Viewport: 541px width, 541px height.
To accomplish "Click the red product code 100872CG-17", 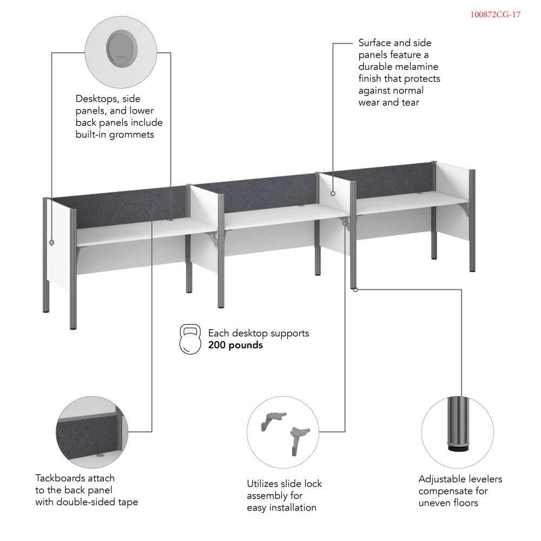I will pos(495,15).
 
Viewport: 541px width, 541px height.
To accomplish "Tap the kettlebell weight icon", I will pos(190,339).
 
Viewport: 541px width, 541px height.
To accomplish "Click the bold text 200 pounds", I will pos(235,345).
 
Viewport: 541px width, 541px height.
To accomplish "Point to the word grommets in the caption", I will pos(131,135).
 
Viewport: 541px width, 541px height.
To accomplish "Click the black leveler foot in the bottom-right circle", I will pos(458,448).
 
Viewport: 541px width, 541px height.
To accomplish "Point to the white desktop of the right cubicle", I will pos(411,202).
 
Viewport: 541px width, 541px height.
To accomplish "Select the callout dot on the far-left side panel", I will pos(52,243).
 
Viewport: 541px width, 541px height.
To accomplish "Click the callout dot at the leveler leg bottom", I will pos(355,289).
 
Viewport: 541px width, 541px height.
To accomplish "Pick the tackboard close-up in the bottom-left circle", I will pos(92,433).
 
